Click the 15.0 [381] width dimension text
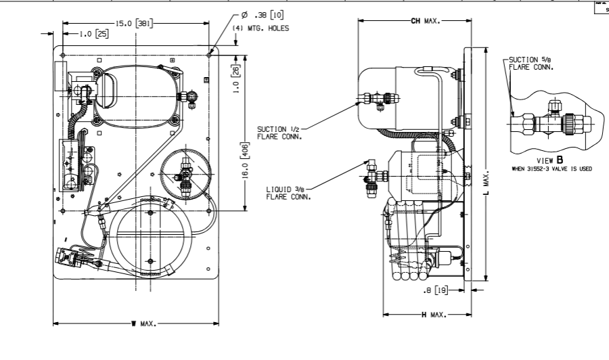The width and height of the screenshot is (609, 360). [x=133, y=23]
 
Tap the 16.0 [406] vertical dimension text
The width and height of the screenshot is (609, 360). [x=246, y=155]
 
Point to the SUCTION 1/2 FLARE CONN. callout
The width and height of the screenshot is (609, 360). [x=279, y=131]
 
